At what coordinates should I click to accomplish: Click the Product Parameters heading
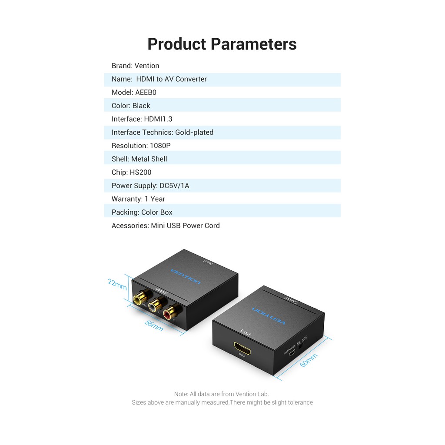222,44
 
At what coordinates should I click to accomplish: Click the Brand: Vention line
136,66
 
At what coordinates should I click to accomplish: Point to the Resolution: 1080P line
141,146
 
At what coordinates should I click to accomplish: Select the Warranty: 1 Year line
138,199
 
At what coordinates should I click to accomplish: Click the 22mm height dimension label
117,285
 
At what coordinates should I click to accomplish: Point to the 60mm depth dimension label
309,360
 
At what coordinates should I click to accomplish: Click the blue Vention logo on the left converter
186,276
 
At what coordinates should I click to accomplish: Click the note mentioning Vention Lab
222,394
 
